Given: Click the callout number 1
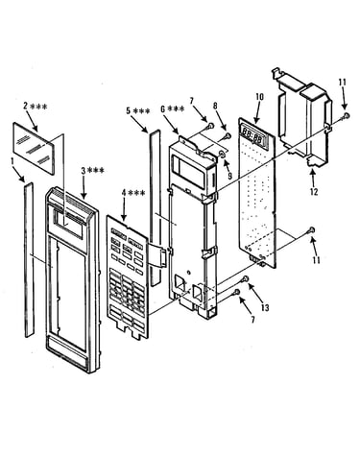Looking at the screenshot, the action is (x=12, y=162).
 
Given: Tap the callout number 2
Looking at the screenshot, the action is (x=26, y=106).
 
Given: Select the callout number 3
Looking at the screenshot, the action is (x=84, y=171).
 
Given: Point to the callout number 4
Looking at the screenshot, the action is (x=124, y=193).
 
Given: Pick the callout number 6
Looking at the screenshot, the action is (x=163, y=109).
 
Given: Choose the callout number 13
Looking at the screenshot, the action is (x=265, y=308).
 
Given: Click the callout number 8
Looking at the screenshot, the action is (x=216, y=106).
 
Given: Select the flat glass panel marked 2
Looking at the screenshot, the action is (x=34, y=148).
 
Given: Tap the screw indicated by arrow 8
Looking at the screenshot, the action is (x=228, y=135).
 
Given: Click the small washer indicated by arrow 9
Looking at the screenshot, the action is (x=222, y=155).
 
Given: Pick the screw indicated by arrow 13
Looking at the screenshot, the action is (x=246, y=278).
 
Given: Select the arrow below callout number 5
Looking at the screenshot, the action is (x=142, y=125).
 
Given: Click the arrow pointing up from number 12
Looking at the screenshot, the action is (x=313, y=177).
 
